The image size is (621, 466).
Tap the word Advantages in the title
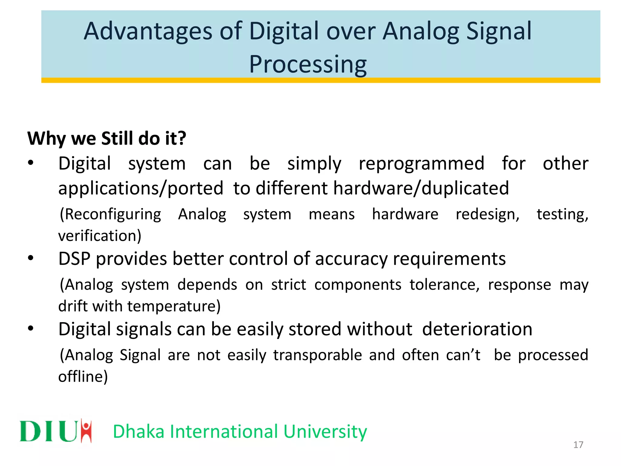148,31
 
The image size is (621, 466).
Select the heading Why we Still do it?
107,139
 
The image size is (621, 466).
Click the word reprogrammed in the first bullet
421,164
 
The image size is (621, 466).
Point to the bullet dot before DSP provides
31,258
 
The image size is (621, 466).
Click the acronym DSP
74,259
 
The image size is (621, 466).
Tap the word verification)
100,236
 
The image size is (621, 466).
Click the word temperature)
174,306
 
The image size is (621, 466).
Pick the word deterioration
477,329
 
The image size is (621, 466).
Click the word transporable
317,355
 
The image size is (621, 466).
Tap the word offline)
83,377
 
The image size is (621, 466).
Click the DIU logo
55,431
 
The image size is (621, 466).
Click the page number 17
578,445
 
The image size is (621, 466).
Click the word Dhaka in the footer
139,431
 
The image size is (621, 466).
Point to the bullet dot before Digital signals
31,329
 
